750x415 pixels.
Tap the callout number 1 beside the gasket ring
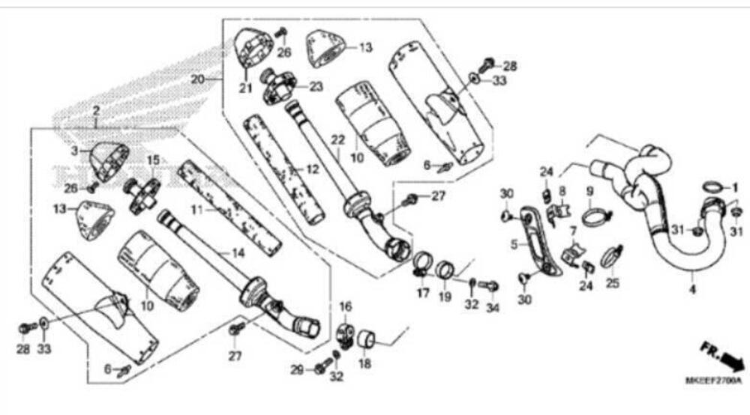click(736, 187)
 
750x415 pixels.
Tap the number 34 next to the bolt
click(492, 306)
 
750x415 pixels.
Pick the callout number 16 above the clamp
click(345, 306)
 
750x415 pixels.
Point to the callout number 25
click(613, 282)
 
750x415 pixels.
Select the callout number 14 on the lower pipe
click(238, 253)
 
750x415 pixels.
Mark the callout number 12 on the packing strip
click(313, 169)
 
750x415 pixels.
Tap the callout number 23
click(316, 86)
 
